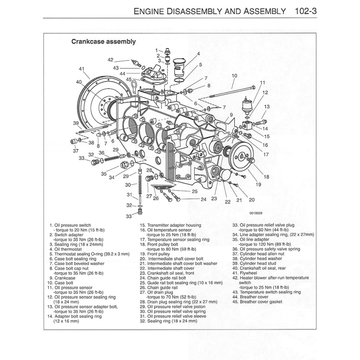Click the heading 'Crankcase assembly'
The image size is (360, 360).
103,42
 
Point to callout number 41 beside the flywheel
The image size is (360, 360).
81,69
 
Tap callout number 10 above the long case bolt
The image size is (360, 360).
234,75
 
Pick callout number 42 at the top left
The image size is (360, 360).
111,59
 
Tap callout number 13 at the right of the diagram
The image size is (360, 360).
267,107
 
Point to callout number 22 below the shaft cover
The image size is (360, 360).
228,201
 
